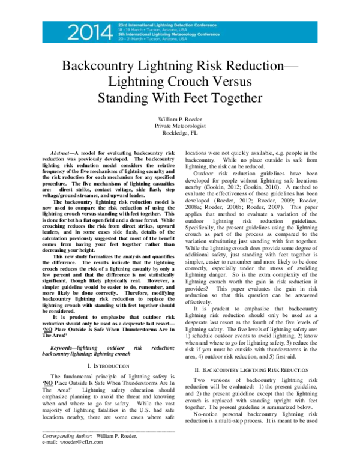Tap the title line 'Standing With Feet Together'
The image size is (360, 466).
(180, 97)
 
